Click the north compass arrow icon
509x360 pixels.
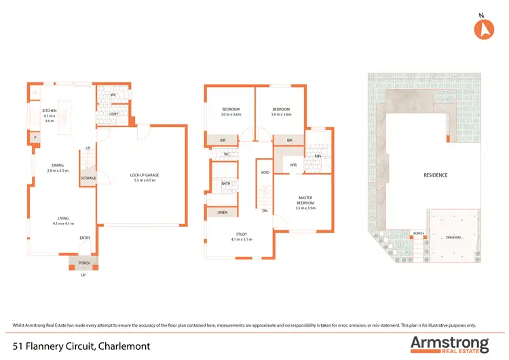(482, 29)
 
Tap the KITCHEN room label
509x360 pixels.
(49, 110)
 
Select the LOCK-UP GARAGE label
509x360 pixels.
(143, 175)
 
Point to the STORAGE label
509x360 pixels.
(89, 178)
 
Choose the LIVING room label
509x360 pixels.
(63, 219)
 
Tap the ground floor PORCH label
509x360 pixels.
(84, 263)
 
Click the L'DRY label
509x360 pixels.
(114, 113)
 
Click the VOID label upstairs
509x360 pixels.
(265, 173)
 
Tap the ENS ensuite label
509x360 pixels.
(317, 156)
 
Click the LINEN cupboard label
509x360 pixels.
(223, 213)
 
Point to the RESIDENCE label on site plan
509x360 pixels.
(435, 175)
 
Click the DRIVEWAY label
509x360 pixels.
(453, 238)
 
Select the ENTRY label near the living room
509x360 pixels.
(85, 238)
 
